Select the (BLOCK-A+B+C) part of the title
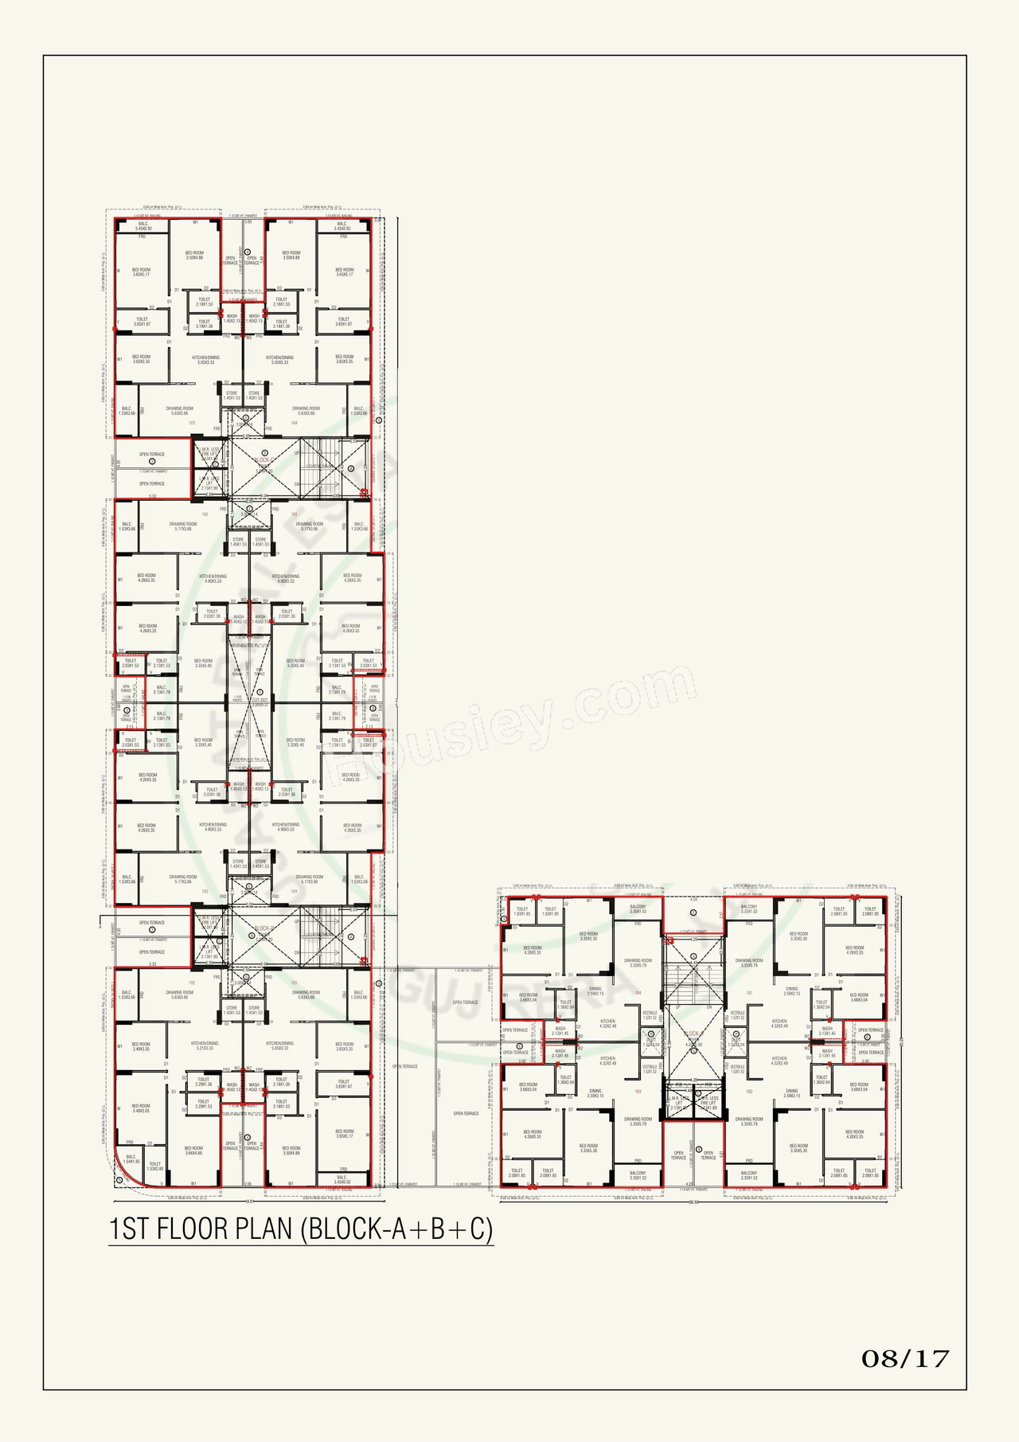(x=396, y=1229)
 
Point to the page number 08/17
(x=905, y=1358)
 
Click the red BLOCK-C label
(x=264, y=460)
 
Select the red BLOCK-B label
(x=264, y=928)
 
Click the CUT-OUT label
(x=260, y=702)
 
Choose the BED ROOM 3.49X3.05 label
(x=141, y=1108)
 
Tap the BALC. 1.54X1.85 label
(x=131, y=1159)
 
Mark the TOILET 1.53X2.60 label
(x=154, y=1166)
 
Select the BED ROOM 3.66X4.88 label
(x=193, y=1151)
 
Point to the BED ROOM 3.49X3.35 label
(x=141, y=1046)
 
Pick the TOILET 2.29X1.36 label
(x=204, y=1082)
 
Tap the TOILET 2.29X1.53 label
(x=204, y=1104)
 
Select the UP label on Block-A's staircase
(x=678, y=1007)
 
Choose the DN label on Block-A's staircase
(x=709, y=1007)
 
